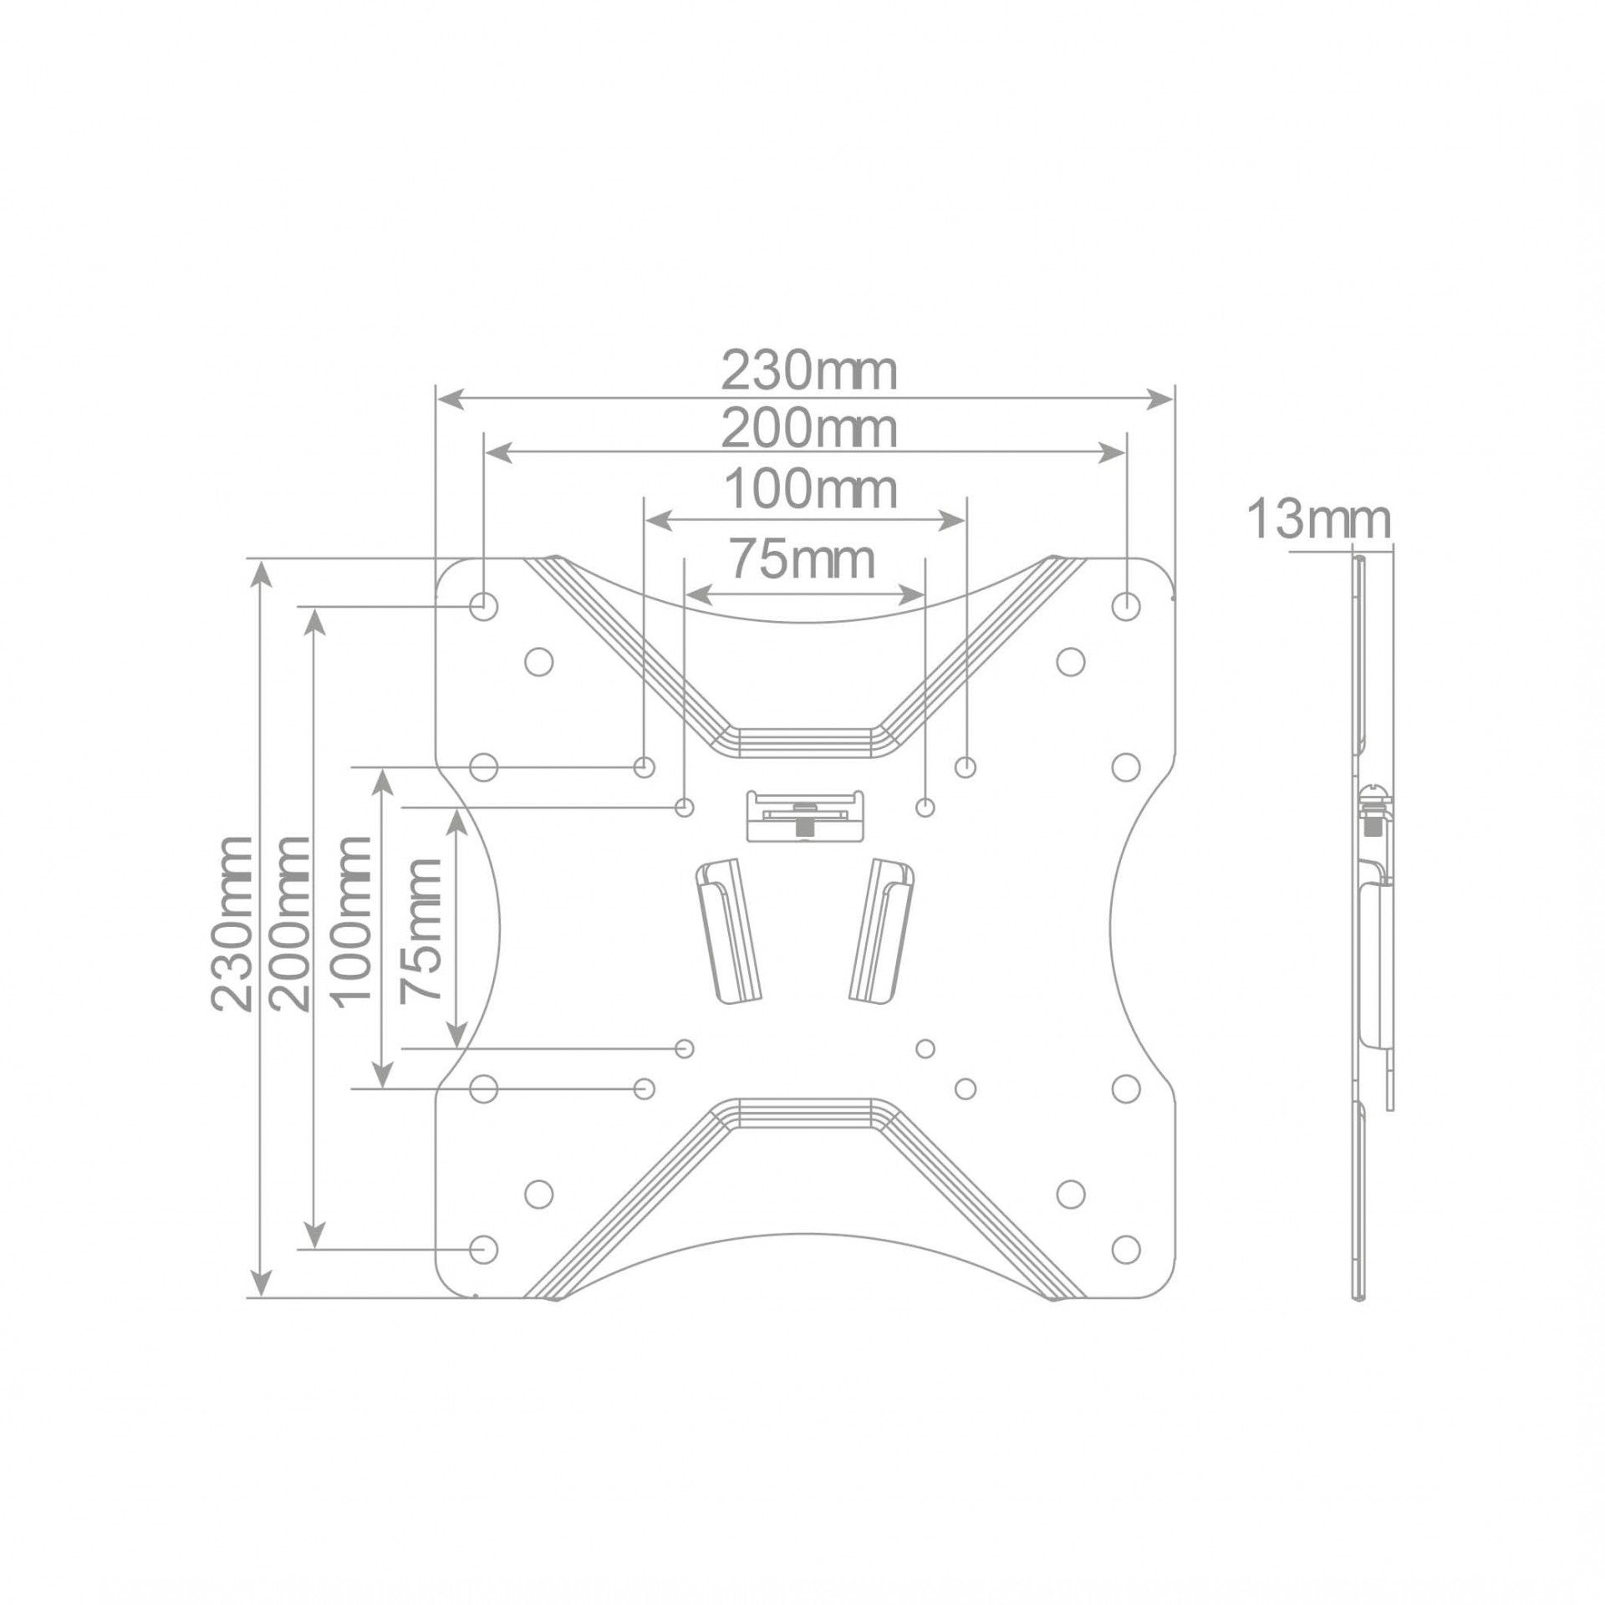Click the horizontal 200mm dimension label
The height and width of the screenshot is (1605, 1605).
[x=808, y=430]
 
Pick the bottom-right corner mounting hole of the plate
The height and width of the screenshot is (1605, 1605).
[x=1127, y=1249]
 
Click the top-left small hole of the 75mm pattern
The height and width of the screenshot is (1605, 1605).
[x=685, y=808]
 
